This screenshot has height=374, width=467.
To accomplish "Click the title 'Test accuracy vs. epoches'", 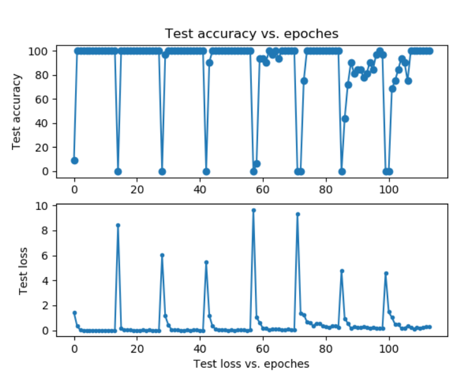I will (251, 33).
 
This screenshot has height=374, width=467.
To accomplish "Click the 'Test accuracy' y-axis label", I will (17, 111).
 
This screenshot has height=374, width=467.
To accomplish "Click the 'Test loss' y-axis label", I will (23, 270).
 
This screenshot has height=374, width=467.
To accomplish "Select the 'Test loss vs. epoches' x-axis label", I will (251, 363).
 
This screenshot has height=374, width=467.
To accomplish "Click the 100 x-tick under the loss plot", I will (389, 346).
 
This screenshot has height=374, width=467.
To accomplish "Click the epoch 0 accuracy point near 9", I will (74, 160).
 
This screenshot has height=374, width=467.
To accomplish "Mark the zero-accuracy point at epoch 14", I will (118, 171).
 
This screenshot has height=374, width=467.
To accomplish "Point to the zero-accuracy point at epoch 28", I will (162, 171).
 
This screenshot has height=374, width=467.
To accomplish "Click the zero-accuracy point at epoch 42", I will (206, 171).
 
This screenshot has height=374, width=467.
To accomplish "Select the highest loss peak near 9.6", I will (254, 211).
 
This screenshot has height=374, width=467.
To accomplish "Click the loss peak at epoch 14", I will (118, 225).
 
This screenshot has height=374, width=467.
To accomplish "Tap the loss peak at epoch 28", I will (162, 255).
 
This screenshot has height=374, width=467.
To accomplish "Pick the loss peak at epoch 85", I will (342, 271).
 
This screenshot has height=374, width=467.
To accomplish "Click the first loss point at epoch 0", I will (74, 313).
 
